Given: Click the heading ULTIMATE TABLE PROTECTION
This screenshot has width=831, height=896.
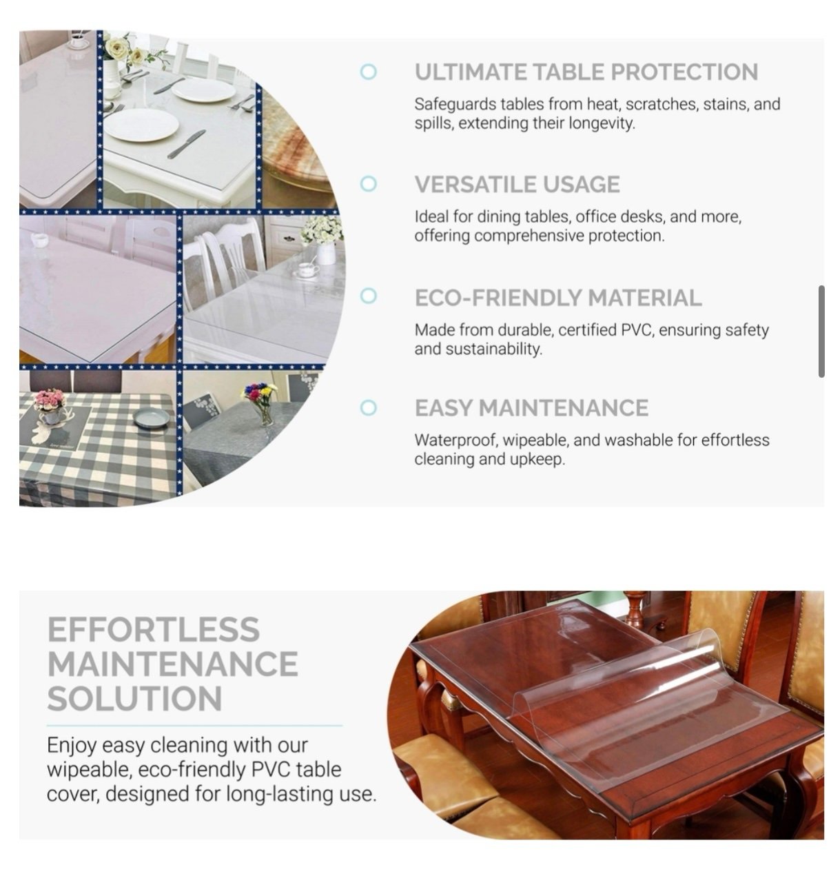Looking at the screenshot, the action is pos(586,72).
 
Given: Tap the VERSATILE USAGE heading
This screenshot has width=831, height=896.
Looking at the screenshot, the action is pos(517,184).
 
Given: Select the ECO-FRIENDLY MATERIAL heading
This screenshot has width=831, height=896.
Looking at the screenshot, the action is pos(557,297).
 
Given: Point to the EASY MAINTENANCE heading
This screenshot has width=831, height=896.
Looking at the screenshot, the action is pos(531,407).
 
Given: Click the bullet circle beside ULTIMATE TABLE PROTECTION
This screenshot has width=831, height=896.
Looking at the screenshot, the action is pos(368,71).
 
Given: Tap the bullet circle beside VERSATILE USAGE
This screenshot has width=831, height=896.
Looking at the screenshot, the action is pos(368,183).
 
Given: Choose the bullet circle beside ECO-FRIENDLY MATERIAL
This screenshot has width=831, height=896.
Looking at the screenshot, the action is pos(368,296).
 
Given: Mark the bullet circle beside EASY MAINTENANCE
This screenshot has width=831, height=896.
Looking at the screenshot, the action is pos(368,407).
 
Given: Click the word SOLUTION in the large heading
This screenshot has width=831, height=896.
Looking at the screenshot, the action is pos(134,698).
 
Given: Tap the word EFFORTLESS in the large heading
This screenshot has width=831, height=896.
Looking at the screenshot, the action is pos(154,629).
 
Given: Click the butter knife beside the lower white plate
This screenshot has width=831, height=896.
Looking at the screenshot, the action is pos(186,143).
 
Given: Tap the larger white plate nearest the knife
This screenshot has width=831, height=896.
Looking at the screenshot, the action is pos(141,125).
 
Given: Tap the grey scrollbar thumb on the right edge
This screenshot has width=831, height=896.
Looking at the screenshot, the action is pos(821,331).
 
